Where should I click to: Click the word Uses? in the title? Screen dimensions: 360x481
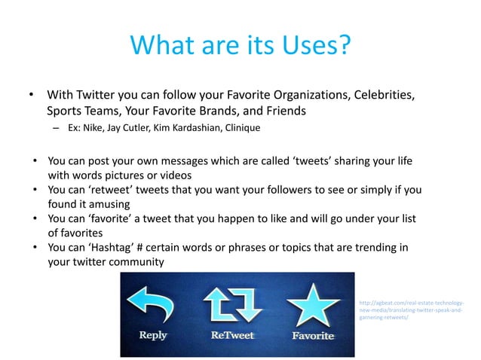coord(311,44)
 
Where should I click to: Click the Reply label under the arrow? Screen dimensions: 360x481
coord(153,336)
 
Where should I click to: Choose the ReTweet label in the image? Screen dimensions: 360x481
coord(232,336)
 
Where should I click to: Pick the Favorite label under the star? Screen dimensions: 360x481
coord(313,336)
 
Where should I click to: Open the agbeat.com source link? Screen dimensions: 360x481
coord(411,310)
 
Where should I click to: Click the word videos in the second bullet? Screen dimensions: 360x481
coord(155,175)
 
